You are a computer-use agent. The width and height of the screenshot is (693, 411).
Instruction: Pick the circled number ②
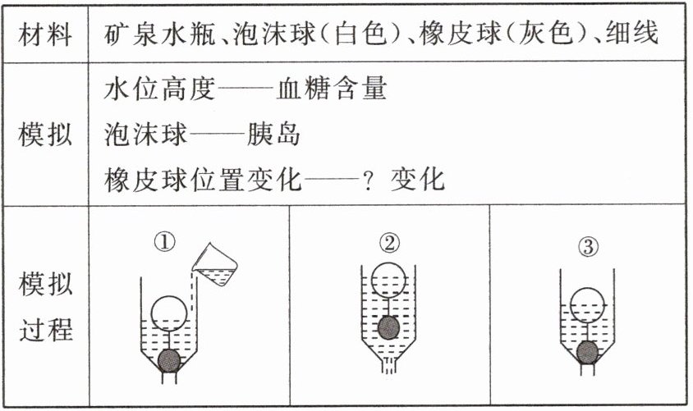tap(388, 242)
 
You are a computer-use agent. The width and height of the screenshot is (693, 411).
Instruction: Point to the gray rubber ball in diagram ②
tap(388, 328)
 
